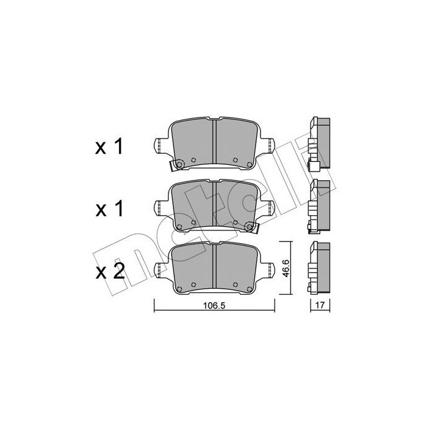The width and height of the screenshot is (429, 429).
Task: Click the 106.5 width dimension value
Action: (x=214, y=308)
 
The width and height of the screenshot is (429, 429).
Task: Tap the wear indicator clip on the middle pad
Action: (x=250, y=228)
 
